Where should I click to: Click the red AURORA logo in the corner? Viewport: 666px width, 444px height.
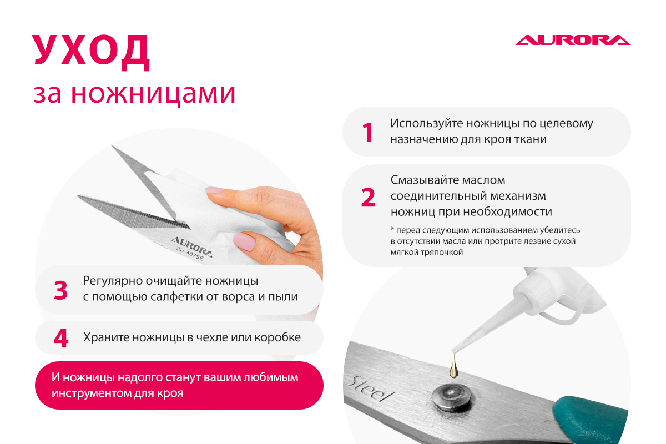click(x=573, y=40)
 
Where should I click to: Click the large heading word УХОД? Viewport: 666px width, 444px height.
click(x=90, y=53)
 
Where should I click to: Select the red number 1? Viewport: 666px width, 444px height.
click(x=368, y=132)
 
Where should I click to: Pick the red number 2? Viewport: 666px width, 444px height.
click(x=368, y=197)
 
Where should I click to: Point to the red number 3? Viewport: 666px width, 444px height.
click(x=61, y=290)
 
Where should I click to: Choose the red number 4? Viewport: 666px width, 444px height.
click(x=61, y=338)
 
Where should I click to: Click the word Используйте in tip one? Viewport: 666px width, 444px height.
click(x=426, y=124)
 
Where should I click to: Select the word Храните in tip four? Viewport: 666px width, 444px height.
click(x=106, y=337)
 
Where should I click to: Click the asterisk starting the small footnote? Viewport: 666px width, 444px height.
click(x=392, y=229)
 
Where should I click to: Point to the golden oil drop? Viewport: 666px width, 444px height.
click(x=453, y=367)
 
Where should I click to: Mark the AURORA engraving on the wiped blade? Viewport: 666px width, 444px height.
click(x=192, y=247)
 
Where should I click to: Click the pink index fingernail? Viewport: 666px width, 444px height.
click(x=215, y=190)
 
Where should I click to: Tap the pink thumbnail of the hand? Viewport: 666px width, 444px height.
click(x=244, y=241)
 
